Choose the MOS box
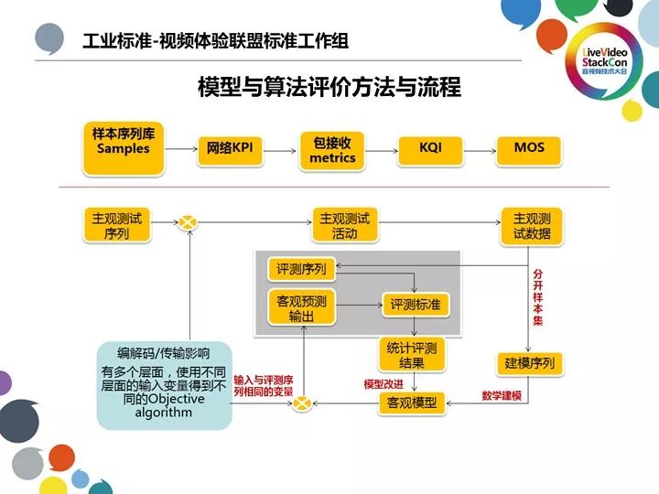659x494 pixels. [x=529, y=147]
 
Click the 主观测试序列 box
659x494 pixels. [x=116, y=225]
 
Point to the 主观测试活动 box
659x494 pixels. [x=345, y=225]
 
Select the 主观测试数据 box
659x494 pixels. [x=532, y=225]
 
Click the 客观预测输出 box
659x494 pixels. [x=301, y=308]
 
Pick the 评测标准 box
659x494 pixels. [x=415, y=305]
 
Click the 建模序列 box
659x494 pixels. [x=530, y=363]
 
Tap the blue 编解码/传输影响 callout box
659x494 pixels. [x=164, y=384]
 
